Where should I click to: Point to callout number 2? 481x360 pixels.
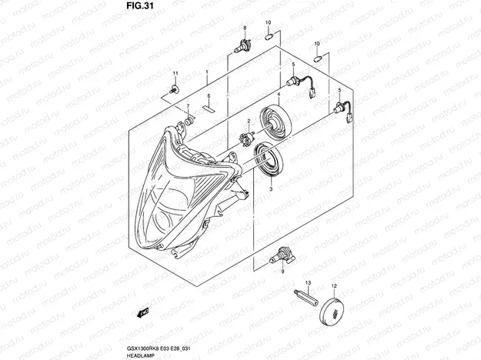pos(249,121)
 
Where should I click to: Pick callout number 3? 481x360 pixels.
pos(270,187)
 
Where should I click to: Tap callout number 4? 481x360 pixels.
pos(278,94)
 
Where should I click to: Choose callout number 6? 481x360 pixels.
pos(207,95)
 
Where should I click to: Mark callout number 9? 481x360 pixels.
pos(282,272)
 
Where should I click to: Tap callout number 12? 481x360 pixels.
pos(334,285)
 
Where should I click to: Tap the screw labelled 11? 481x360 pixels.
pos(174,92)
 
